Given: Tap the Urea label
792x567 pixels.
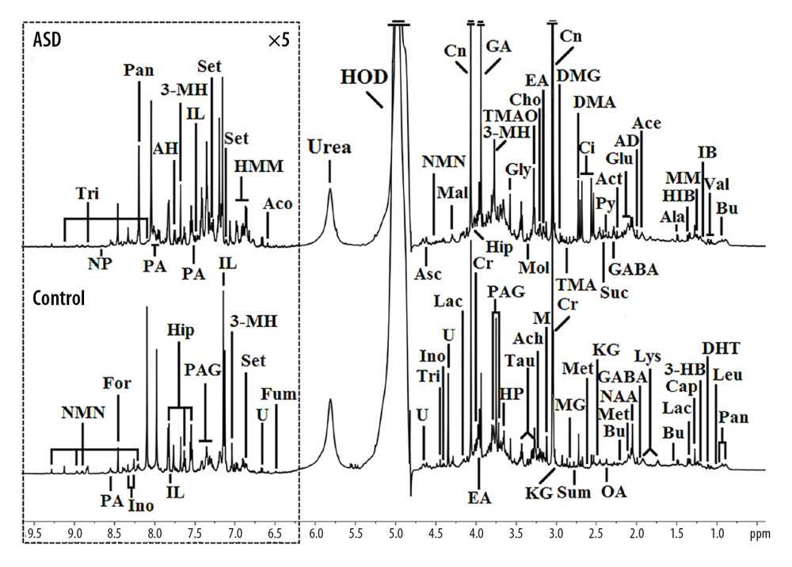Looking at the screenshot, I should click(x=329, y=147).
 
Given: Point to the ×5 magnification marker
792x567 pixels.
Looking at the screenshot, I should click(x=279, y=40).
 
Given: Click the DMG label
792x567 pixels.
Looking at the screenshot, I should click(x=578, y=76).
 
